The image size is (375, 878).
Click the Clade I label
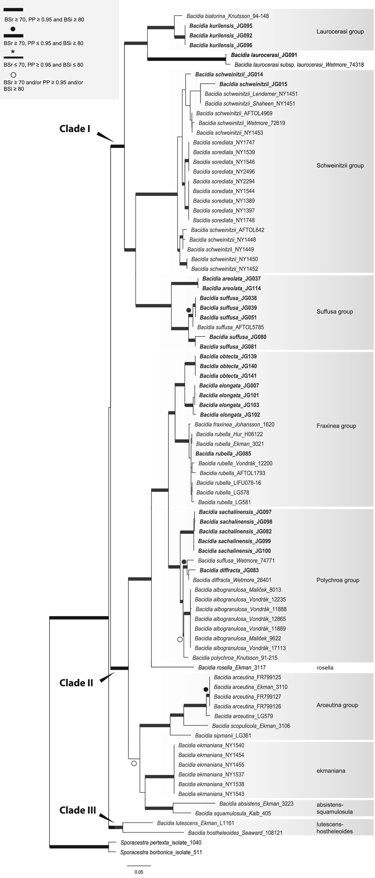75,129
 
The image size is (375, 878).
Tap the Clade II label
76,683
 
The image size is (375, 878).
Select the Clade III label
78,810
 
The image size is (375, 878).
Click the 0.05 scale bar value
139,872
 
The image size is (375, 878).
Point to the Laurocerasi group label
340,32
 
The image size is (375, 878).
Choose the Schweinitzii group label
340,166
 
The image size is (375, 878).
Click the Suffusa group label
335,311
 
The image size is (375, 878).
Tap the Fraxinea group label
336,426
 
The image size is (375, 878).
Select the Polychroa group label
338,580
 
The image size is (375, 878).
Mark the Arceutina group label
337,705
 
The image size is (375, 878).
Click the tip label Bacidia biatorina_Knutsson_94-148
228,16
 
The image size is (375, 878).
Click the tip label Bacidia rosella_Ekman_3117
232,668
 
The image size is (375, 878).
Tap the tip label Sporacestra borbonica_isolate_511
161,852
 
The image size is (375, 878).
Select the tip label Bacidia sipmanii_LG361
223,736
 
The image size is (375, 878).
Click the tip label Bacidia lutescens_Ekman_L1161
195,823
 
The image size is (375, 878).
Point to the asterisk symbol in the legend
13,52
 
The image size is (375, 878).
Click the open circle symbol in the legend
14,75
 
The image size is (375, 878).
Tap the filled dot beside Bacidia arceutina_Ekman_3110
206,690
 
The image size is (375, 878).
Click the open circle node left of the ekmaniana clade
134,763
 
